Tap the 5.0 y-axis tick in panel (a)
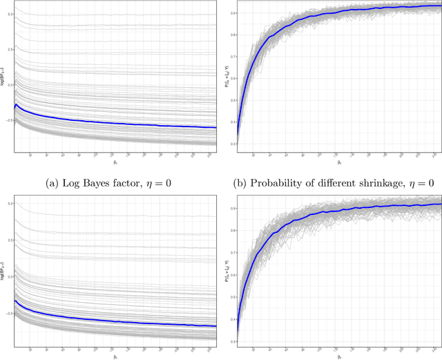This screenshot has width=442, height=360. coord(10,13)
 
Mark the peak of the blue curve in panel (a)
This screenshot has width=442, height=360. coord(16,104)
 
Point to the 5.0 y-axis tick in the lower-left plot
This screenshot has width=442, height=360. coord(10,204)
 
